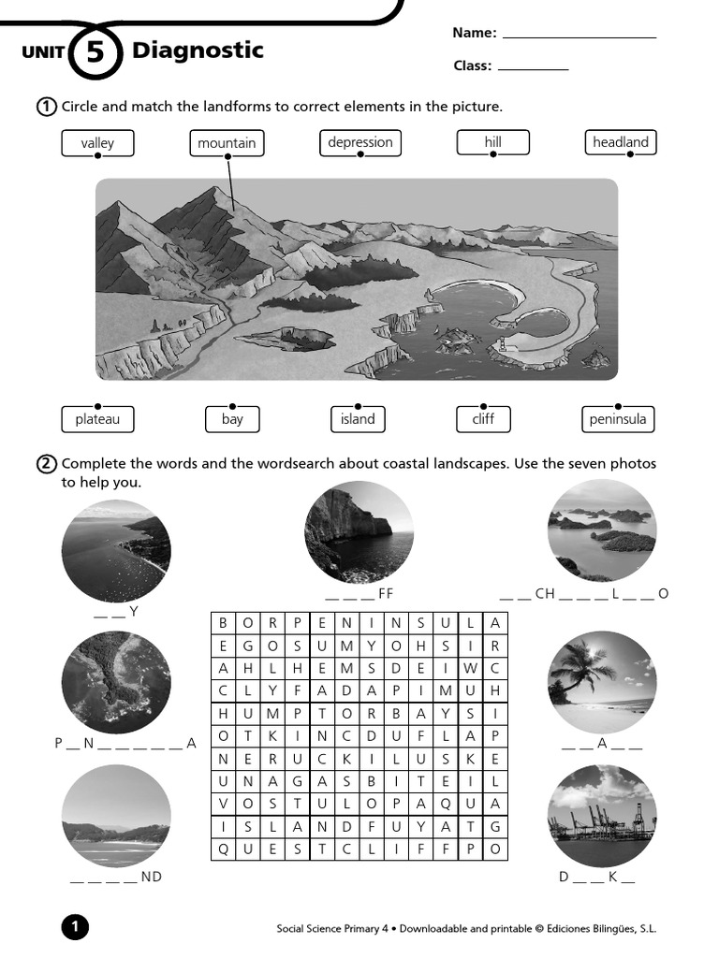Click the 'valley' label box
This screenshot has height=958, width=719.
[97, 143]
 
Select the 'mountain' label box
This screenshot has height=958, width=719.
[227, 143]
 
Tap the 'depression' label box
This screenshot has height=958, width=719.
[360, 142]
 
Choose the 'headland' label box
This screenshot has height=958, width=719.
[621, 142]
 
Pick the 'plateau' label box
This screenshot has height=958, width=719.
[97, 419]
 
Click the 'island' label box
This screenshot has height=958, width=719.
[358, 419]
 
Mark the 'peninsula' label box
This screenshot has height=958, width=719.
[618, 419]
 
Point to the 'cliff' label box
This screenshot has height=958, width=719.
[483, 419]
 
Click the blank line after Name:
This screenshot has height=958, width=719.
[580, 36]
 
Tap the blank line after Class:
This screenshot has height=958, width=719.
[533, 68]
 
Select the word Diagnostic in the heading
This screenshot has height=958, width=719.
[198, 51]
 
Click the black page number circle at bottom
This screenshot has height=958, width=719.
[75, 927]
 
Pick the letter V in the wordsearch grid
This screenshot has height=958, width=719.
[223, 804]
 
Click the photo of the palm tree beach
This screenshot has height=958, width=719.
[602, 686]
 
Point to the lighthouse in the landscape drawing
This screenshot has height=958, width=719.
[502, 344]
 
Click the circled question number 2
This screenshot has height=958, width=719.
[47, 464]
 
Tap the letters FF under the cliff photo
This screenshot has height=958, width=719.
[386, 594]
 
